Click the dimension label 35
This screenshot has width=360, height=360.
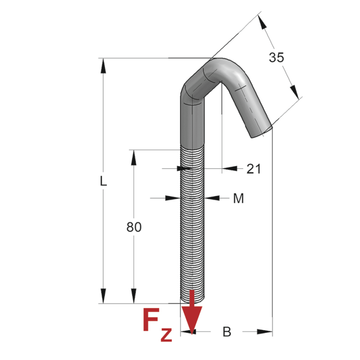[276, 58]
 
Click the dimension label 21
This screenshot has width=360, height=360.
[254, 169]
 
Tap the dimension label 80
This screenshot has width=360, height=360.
[134, 227]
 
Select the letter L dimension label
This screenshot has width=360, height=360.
[103, 181]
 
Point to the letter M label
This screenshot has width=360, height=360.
[238, 198]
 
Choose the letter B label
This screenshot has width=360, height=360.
[227, 332]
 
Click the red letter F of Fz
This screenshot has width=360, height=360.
[151, 320]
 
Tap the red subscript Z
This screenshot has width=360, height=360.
[166, 335]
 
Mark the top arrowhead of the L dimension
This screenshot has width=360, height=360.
[103, 66]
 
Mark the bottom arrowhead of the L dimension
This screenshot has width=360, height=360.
[103, 296]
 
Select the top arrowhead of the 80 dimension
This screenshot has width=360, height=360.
[134, 158]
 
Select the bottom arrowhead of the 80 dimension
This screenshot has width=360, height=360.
[134, 296]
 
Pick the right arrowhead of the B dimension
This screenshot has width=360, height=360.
[265, 332]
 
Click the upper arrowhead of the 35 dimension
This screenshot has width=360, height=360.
[262, 22]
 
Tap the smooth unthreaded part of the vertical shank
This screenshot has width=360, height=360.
[192, 124]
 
